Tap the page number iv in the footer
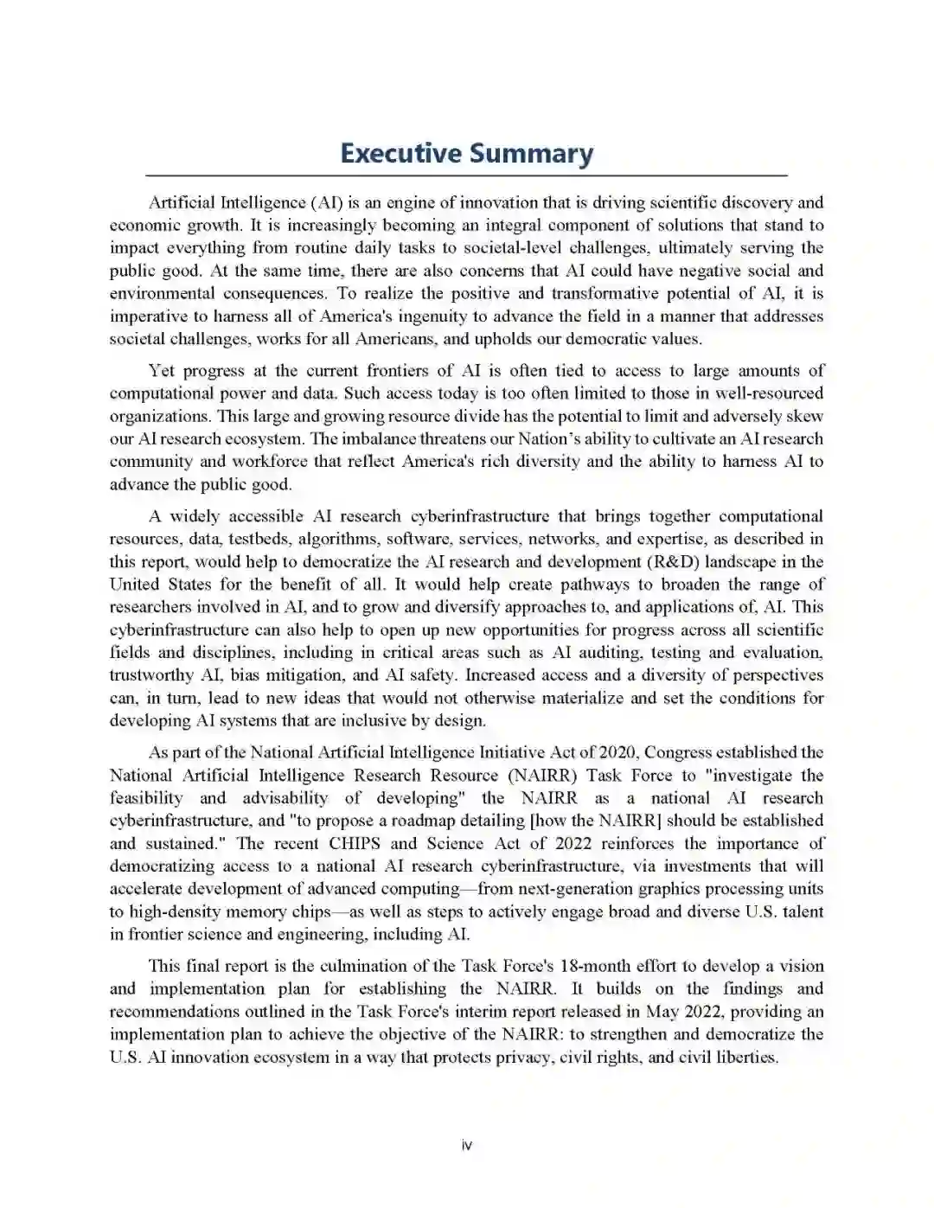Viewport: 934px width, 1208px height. point(467,1146)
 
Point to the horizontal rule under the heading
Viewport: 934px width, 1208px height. point(467,176)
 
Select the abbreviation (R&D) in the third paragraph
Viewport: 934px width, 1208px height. point(676,562)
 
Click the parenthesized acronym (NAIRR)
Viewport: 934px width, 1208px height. point(542,776)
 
